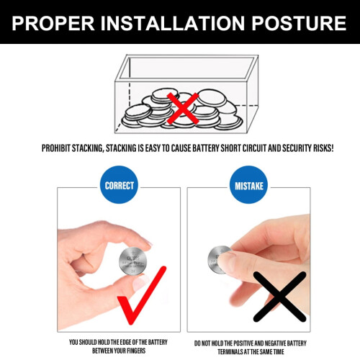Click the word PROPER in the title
[x=53, y=23]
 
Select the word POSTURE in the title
[x=299, y=23]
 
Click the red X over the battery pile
[x=183, y=109]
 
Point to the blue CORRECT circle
[x=119, y=185]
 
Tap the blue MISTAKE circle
[x=249, y=185]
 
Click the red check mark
[x=142, y=295]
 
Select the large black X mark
[x=280, y=297]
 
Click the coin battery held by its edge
[x=132, y=261]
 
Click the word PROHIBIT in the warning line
[x=56, y=148]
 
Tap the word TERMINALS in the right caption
[x=230, y=352]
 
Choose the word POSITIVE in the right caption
[x=243, y=343]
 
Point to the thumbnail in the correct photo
[x=141, y=282]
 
